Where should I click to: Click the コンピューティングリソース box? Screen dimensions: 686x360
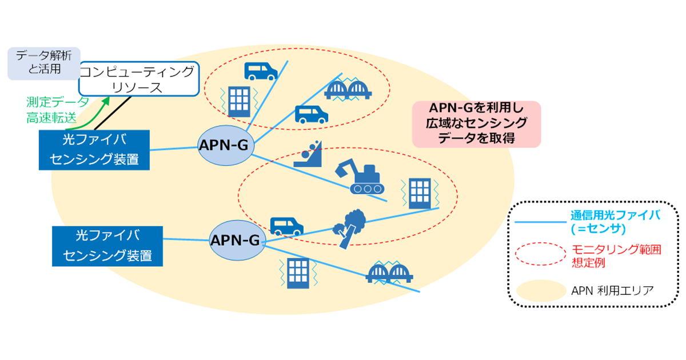(x=139, y=79)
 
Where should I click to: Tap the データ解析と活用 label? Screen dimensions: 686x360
(x=44, y=63)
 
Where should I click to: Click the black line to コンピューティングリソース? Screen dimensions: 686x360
(x=113, y=113)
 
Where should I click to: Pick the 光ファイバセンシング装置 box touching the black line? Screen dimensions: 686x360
(x=94, y=150)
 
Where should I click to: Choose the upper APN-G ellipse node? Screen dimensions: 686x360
(x=226, y=145)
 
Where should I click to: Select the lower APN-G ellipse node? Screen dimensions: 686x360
(x=237, y=241)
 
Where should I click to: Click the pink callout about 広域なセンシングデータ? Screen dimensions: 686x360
(x=477, y=124)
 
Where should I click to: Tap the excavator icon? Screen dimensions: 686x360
(x=360, y=177)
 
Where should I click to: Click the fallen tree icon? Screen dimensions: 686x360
(x=350, y=229)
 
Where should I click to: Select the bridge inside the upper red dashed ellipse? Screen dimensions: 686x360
(x=348, y=89)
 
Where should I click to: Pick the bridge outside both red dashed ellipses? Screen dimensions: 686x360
(x=389, y=273)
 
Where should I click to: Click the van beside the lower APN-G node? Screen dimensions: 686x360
(x=286, y=226)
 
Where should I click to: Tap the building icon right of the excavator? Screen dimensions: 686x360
(x=420, y=194)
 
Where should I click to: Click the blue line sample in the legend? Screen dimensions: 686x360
(x=540, y=222)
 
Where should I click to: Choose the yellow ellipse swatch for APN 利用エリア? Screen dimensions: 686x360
(x=541, y=291)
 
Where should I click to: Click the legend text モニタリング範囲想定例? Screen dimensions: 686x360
(x=616, y=256)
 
